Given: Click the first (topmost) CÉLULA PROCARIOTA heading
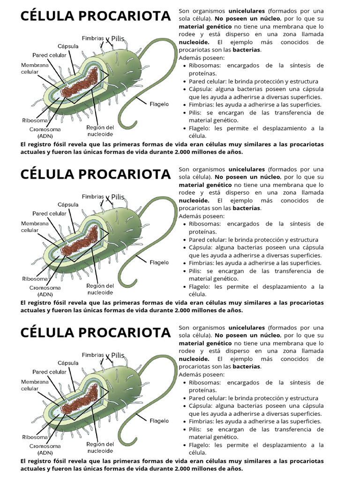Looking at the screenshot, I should tap(96, 16).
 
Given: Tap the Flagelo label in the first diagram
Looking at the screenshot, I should tap(159, 104).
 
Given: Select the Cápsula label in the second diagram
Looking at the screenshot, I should tap(67, 204).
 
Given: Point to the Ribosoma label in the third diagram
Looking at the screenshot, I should tap(35, 437).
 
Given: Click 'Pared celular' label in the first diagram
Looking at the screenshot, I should tap(50, 55).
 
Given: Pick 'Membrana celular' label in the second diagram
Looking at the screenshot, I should tap(35, 227).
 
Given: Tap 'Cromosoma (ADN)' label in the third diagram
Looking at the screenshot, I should tap(45, 450).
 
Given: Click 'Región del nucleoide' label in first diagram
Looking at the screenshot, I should tap(100, 131).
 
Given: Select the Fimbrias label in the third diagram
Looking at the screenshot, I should tap(93, 355).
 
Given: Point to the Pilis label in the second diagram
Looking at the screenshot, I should tap(118, 197).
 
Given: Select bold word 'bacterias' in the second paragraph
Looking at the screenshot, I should tap(247, 208).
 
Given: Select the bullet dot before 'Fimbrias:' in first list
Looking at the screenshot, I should tap(184, 105).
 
